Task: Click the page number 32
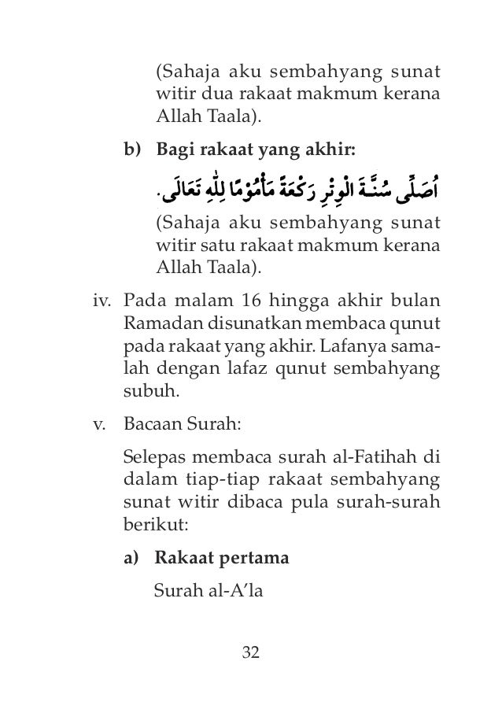pos(251,652)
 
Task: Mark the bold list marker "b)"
pos(132,150)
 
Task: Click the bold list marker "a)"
pos(132,559)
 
